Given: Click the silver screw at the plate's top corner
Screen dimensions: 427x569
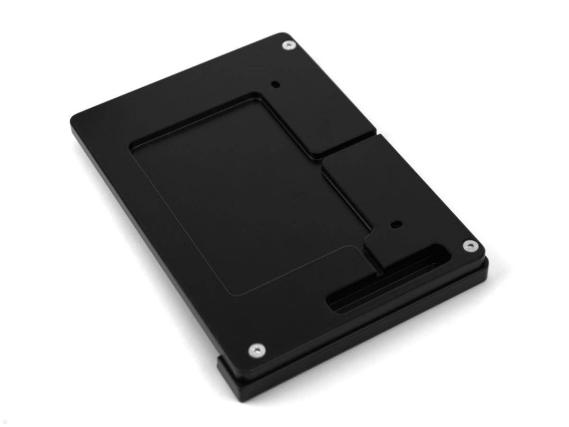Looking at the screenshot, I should click(x=288, y=46).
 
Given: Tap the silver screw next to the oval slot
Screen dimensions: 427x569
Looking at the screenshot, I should click(x=469, y=246).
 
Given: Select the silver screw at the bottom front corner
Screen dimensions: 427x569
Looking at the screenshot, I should click(x=256, y=351).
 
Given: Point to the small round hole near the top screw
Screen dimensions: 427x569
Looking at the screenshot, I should click(x=275, y=85).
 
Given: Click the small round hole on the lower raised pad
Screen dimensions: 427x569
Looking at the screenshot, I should click(x=395, y=223).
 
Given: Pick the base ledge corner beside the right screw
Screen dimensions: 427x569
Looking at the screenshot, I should click(x=486, y=266).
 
